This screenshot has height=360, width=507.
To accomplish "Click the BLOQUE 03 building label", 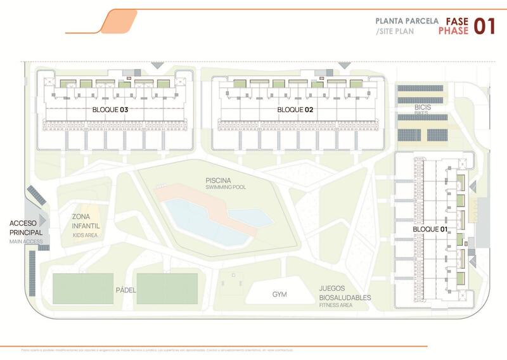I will click(110, 110).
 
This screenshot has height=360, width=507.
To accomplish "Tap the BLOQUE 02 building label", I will click(296, 110).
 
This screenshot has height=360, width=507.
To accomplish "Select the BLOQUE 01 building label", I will click(430, 229).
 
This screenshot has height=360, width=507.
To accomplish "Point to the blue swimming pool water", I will click(196, 219).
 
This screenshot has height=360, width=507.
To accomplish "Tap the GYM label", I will click(279, 295).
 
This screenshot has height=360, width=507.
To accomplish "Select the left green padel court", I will click(83, 288).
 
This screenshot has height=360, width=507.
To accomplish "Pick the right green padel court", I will click(167, 288).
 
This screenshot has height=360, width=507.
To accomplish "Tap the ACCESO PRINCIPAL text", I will click(26, 228).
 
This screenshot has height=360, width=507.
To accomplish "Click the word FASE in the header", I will click(457, 20).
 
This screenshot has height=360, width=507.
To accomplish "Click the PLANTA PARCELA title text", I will click(406, 20).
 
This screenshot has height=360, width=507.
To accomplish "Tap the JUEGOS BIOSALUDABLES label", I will click(345, 292).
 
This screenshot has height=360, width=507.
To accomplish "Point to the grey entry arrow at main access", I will click(43, 220).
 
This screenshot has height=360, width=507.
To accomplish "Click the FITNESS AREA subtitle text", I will click(336, 305).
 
